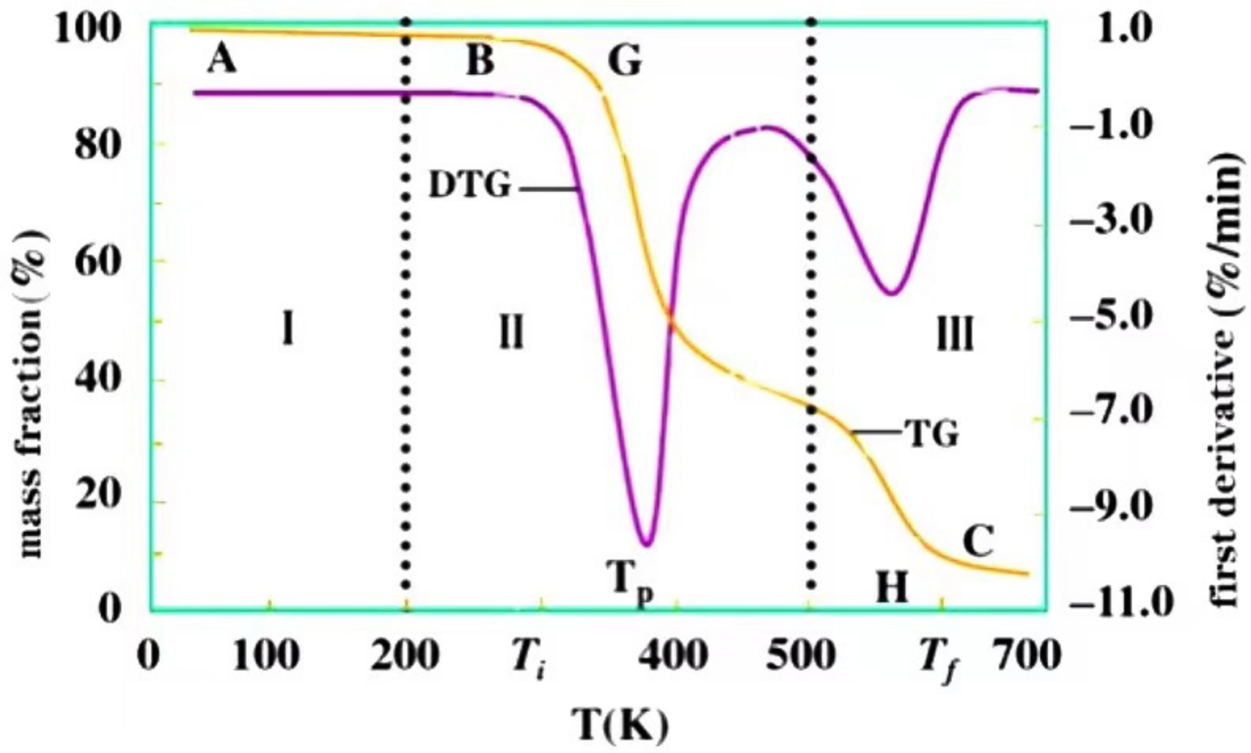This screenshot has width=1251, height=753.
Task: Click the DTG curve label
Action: (x=469, y=186)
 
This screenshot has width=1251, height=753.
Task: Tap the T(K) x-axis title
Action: (x=620, y=724)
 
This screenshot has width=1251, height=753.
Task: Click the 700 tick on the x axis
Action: (x=1027, y=655)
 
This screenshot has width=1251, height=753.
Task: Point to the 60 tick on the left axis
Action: (x=97, y=263)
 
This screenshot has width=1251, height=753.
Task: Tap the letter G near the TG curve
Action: (x=625, y=61)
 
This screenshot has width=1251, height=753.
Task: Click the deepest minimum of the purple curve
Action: (x=646, y=544)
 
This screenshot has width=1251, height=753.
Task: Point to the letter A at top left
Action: (x=221, y=59)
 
